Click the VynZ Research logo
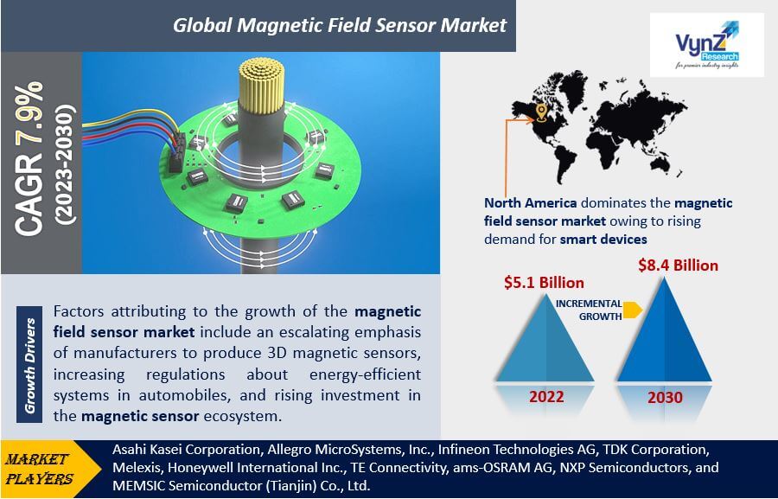706,45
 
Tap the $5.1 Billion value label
544,283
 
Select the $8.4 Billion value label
678,265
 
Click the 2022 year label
546,397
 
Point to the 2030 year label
665,397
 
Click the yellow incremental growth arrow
633,310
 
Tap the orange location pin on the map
541,112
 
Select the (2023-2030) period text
66,164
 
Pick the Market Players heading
39,469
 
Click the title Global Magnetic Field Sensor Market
340,25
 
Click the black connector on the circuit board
176,152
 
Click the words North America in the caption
531,203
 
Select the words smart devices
603,240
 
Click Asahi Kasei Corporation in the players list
186,450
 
